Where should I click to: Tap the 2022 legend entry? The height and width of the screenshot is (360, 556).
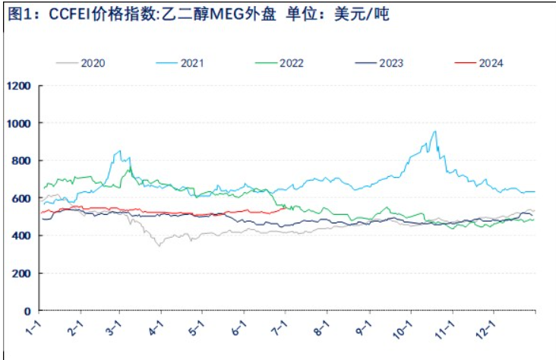coord(292,62)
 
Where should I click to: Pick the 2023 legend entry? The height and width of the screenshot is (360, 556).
coord(391,62)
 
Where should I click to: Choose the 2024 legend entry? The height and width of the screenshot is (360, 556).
coord(491,62)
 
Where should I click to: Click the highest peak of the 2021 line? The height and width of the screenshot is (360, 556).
coord(434,131)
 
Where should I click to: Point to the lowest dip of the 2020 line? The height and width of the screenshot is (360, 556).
coord(159,245)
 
